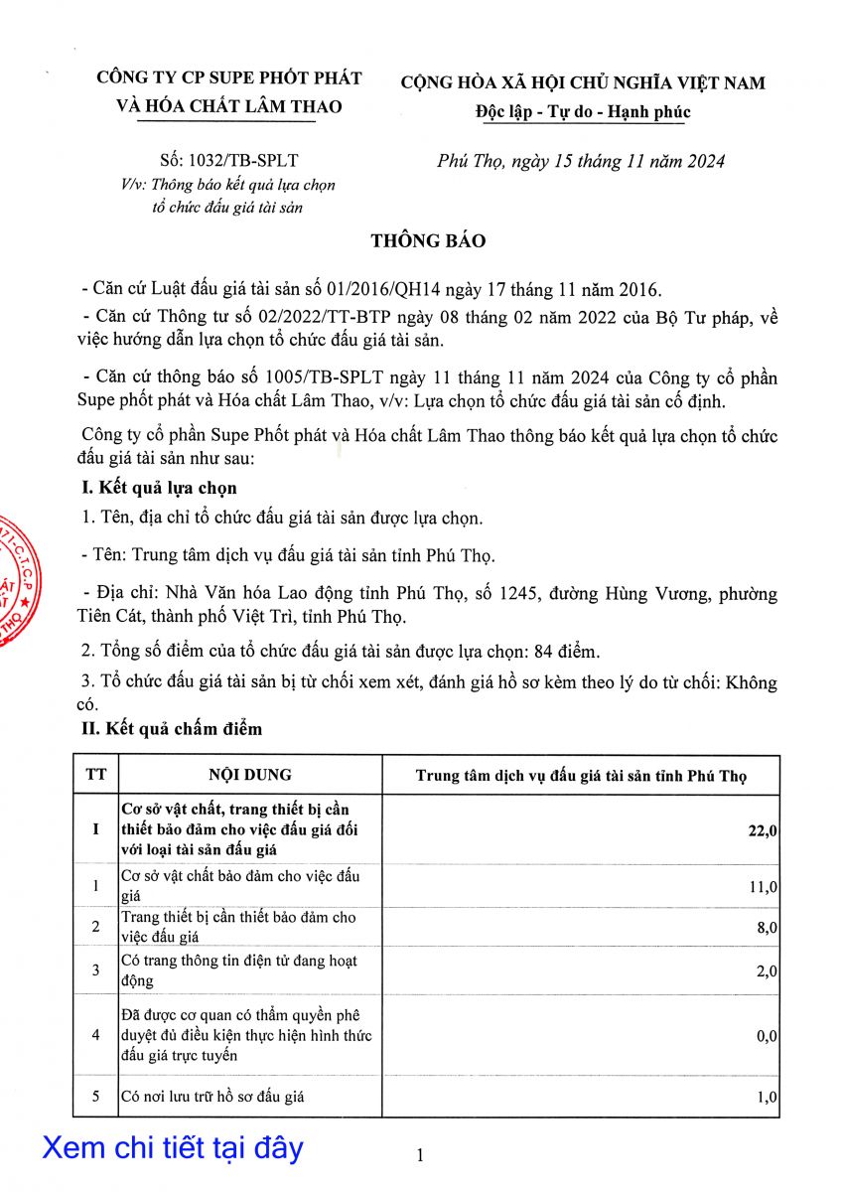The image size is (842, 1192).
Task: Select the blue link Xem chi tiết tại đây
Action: (x=173, y=1148)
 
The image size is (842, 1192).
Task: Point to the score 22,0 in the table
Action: (x=762, y=831)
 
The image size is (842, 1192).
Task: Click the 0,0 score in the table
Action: (x=766, y=1036)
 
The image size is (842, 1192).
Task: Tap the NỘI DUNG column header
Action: (x=250, y=775)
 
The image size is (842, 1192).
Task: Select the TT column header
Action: (x=96, y=775)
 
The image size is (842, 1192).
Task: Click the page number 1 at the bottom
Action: (x=420, y=1155)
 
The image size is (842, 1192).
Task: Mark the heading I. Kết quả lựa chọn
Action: (x=158, y=488)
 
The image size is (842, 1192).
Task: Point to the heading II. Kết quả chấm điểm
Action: (x=171, y=729)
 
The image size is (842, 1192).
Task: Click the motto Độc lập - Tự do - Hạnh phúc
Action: (x=581, y=111)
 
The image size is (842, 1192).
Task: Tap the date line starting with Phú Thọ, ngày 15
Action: (x=581, y=161)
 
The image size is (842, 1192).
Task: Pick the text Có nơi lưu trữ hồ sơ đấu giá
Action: (x=212, y=1097)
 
